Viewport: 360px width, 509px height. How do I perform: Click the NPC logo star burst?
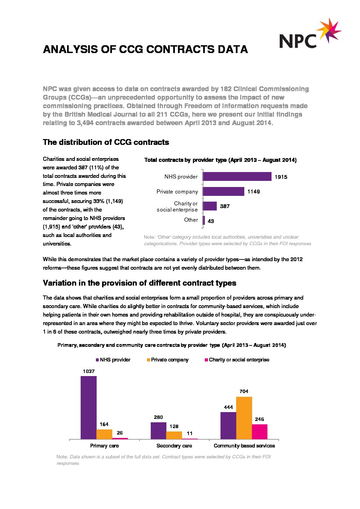(x=329, y=31)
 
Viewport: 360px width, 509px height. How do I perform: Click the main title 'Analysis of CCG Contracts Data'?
(x=145, y=50)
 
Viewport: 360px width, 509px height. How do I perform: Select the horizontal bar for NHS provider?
(x=237, y=176)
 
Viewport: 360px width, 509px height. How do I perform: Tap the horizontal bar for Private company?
(x=223, y=191)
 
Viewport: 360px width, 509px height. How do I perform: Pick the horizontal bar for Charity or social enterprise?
(x=210, y=206)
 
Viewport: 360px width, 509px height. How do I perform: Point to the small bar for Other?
(x=204, y=221)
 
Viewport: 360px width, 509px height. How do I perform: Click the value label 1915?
(x=281, y=177)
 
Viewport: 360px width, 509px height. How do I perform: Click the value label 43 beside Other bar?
(x=211, y=221)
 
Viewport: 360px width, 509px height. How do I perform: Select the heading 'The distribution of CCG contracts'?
(x=106, y=142)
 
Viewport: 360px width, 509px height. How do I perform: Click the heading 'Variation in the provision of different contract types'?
(x=140, y=283)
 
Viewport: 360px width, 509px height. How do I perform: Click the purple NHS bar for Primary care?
(x=88, y=407)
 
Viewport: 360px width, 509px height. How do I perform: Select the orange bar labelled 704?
(x=244, y=418)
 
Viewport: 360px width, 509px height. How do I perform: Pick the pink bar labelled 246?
(x=260, y=431)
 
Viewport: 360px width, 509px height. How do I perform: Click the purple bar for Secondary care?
(x=158, y=430)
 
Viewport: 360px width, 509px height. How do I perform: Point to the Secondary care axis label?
(x=174, y=446)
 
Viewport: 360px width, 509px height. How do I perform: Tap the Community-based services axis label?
(x=244, y=446)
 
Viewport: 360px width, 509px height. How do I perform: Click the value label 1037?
(x=88, y=371)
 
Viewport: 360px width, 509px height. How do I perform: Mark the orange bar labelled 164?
(x=104, y=434)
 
